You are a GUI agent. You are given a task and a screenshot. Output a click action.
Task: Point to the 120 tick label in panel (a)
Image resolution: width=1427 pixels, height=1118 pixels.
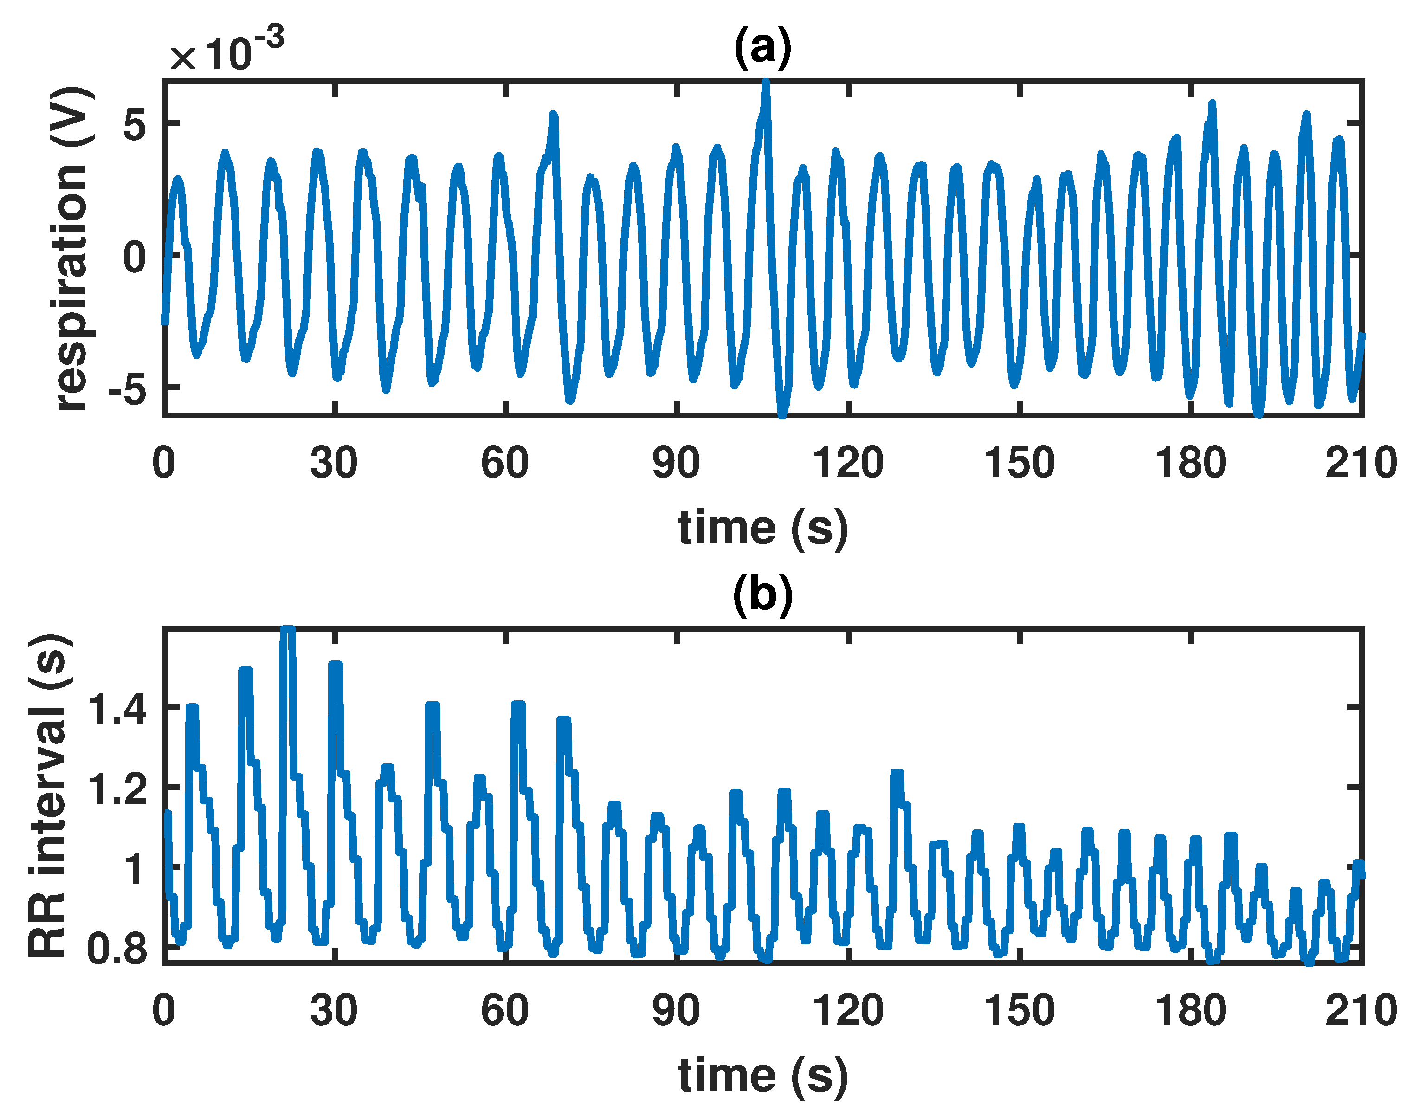848,464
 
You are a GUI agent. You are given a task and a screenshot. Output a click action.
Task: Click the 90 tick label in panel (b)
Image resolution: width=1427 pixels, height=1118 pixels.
676,1011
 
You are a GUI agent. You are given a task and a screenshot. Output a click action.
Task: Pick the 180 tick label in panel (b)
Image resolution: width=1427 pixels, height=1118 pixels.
1190,1011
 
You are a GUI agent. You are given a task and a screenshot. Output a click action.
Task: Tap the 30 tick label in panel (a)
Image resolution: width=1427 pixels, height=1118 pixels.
334,464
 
